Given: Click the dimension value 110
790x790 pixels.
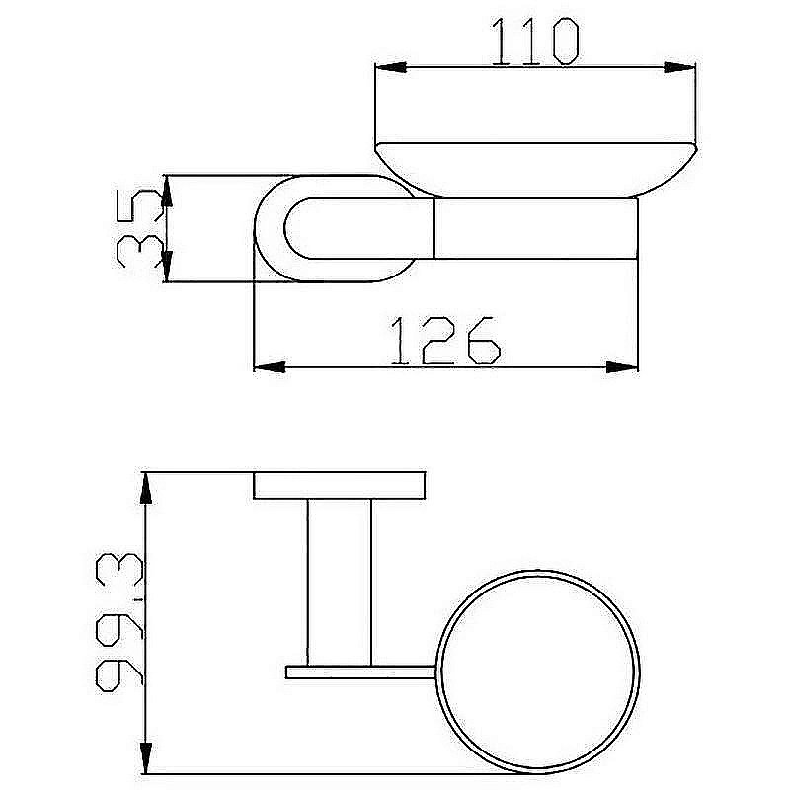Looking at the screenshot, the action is tap(535, 41).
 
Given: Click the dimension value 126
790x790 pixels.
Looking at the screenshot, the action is tap(446, 341).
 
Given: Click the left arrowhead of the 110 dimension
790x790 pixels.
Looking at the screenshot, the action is tap(391, 67).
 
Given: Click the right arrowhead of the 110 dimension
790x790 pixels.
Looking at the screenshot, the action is tap(679, 67).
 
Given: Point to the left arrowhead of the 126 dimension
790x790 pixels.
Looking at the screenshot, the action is tap(269, 367).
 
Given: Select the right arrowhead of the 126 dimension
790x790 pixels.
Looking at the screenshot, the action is tap(622, 367).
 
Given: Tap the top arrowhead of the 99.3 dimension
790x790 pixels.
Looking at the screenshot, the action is tap(146, 488).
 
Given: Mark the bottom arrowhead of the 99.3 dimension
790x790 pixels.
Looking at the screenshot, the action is tap(146, 757).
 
